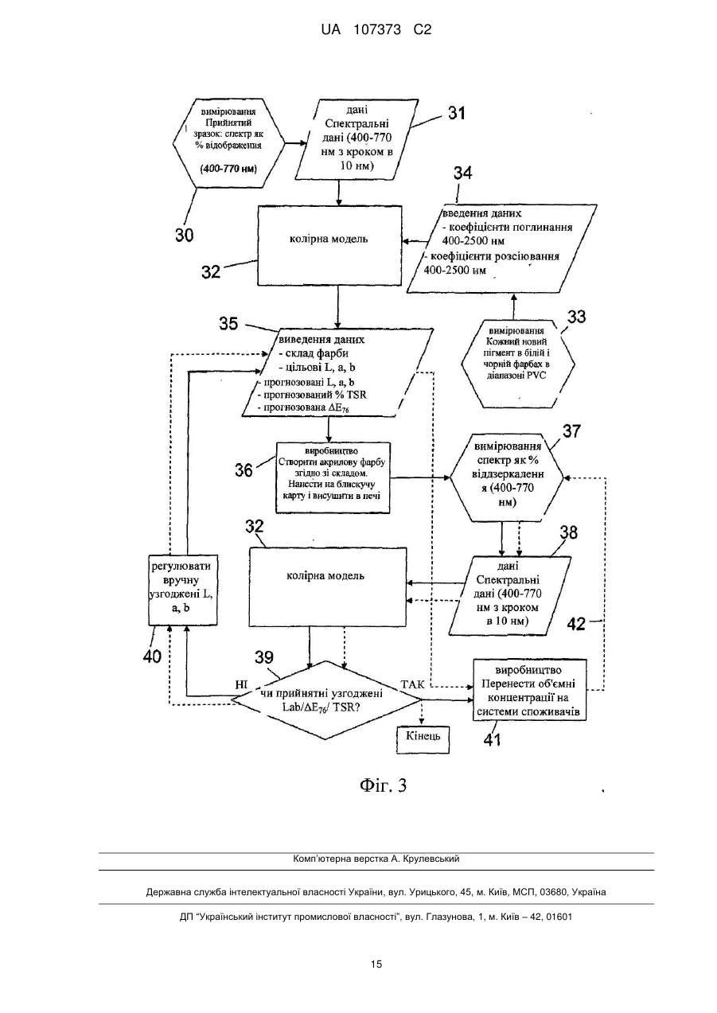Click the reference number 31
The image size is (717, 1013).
click(457, 113)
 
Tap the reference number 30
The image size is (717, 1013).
click(185, 235)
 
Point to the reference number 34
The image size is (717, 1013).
click(463, 173)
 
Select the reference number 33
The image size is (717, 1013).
click(576, 317)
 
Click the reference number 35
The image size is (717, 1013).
click(228, 324)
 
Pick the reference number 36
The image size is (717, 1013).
click(244, 470)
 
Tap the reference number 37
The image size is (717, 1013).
click(571, 431)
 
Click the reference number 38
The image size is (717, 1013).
click(569, 532)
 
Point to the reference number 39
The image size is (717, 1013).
click(264, 657)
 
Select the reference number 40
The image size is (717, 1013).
click(152, 657)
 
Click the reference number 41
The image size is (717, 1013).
click(493, 740)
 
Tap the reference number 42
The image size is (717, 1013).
click(576, 624)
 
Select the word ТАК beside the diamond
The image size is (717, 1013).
click(412, 684)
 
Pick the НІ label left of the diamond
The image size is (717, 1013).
click(241, 684)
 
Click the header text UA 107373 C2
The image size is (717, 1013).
click(376, 30)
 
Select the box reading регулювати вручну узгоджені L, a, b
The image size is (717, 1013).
click(183, 590)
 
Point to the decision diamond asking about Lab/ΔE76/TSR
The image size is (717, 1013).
click(326, 700)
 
